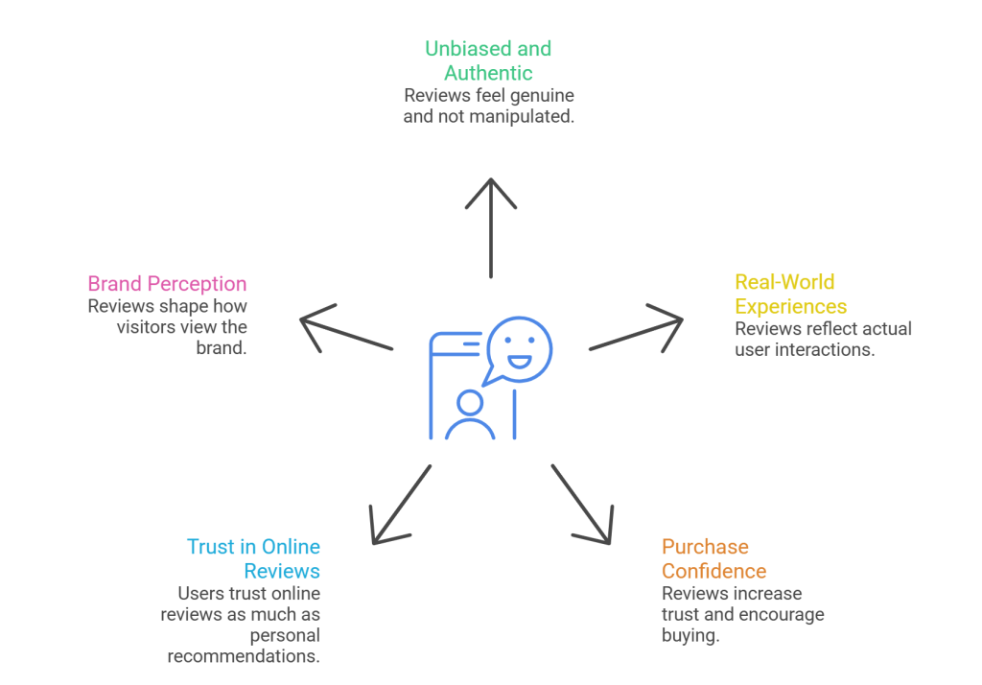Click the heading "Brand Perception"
pos(167,284)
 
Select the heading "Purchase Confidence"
pos(713,558)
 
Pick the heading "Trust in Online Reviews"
pos(254,558)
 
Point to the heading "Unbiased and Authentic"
pos(489,59)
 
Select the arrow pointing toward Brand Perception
pos(346,330)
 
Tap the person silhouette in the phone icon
pos(470,414)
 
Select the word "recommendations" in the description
pos(244,656)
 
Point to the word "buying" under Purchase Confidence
pos(689,635)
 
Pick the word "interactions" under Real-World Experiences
pos(827,349)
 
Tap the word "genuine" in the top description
pos(542,97)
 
